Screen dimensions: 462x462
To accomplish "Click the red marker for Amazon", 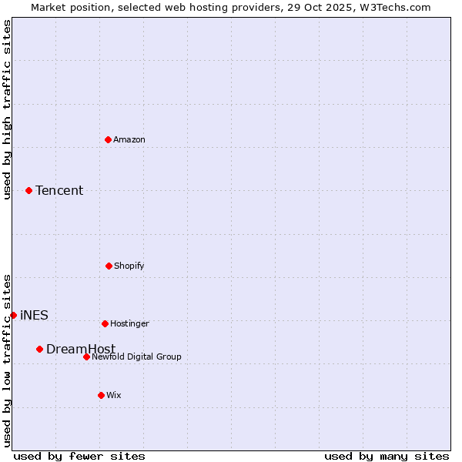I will [108, 139].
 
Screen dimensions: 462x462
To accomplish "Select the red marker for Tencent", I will [28, 190].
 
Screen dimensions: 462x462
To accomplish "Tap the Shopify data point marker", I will [109, 266].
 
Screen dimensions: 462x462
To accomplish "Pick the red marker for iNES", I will [13, 315].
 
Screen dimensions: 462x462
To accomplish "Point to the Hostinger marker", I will [105, 323].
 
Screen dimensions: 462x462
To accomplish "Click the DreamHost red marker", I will [39, 349].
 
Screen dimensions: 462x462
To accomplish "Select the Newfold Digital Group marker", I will [86, 357].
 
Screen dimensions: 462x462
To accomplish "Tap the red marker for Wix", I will [101, 395].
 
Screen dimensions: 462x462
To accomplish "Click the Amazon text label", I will [129, 139].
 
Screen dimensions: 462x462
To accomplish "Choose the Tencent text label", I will [59, 190].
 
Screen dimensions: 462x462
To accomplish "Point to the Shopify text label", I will [129, 266].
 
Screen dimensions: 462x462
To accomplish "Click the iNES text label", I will [34, 315].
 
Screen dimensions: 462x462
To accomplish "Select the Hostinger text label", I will [129, 323].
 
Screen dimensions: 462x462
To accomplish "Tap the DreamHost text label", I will [81, 349].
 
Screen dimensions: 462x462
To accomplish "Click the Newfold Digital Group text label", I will [136, 357].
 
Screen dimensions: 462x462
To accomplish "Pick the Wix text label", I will [114, 395].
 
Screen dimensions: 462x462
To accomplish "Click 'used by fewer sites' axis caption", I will [79, 456].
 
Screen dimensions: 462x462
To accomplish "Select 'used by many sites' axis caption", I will [387, 456].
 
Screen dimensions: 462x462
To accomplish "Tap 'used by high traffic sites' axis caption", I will [7, 109].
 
